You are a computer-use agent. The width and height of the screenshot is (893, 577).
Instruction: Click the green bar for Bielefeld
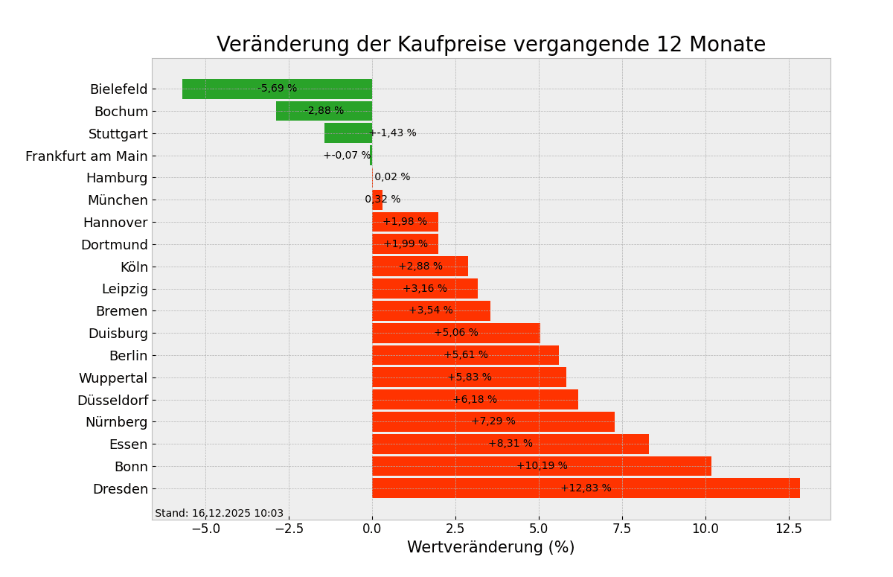[x=223, y=89]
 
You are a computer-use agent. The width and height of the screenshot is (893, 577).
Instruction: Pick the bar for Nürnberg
[x=432, y=422]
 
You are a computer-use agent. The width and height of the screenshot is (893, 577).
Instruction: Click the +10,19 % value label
[x=542, y=466]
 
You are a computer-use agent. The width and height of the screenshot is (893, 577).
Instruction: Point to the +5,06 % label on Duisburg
[x=456, y=333]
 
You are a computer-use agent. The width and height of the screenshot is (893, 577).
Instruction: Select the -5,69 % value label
[x=277, y=89]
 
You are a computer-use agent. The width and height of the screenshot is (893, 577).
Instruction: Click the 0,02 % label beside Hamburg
[x=392, y=177]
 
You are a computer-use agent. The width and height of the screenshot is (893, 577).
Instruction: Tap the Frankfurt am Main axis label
[x=86, y=156]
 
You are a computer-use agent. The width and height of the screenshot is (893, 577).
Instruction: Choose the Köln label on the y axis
[x=134, y=267]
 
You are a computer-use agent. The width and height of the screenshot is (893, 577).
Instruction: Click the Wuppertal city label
[x=113, y=378]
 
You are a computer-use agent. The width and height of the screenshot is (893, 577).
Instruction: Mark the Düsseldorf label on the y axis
[x=112, y=401]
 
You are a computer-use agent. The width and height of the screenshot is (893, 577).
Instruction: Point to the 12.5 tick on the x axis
[x=788, y=529]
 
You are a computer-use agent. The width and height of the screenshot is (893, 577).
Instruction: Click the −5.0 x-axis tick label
[x=205, y=529]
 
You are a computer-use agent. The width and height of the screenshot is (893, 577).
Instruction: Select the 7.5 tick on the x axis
[x=622, y=529]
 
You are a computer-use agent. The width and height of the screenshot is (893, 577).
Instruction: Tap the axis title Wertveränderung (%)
[x=490, y=548]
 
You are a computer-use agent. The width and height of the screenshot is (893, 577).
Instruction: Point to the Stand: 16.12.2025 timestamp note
[x=220, y=514]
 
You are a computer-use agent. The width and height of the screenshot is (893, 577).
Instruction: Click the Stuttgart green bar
[x=348, y=133]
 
